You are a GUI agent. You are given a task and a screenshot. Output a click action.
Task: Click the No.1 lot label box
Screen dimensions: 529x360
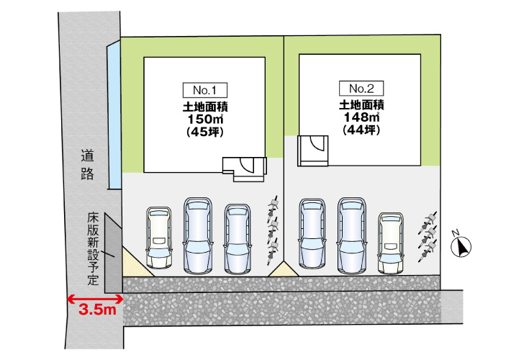tap(205, 90)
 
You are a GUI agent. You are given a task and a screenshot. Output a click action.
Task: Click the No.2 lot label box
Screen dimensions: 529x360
tap(361, 89)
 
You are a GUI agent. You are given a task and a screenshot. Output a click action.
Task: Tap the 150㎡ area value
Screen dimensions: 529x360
tap(205, 119)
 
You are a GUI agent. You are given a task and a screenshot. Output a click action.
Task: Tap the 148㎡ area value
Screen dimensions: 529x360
tap(361, 117)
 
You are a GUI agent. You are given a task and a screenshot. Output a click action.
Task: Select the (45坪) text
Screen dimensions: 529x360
tap(205, 132)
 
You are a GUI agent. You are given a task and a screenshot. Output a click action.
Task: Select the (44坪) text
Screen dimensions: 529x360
tap(361, 130)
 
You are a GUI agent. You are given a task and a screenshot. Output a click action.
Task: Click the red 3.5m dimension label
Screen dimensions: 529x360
tap(97, 310)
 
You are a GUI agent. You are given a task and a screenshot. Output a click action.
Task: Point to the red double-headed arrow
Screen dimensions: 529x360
tap(96, 299)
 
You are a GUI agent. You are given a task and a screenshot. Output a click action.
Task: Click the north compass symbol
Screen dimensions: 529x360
tap(461, 246)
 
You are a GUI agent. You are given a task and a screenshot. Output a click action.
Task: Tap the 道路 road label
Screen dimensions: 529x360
tap(87, 165)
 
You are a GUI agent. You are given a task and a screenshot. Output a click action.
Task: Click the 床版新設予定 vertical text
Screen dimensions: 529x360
tap(93, 248)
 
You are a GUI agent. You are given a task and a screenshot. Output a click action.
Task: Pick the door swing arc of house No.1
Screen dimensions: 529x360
tap(247, 166)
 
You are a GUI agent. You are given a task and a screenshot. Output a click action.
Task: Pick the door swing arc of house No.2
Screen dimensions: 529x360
tap(317, 143)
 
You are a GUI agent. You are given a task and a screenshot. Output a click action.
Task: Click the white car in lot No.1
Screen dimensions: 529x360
tap(159, 238)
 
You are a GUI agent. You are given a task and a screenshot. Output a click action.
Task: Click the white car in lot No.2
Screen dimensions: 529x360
tap(391, 243)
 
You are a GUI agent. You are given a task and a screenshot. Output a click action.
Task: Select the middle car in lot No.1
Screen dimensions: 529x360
tap(198, 235)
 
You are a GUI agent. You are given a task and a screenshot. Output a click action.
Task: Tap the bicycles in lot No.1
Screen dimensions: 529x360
tap(273, 230)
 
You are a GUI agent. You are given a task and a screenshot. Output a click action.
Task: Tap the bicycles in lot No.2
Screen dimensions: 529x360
tap(428, 237)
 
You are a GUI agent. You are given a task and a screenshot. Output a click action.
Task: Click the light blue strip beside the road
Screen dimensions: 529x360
tap(114, 114)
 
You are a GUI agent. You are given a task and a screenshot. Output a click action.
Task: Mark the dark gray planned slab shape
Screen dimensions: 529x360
tap(113, 253)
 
